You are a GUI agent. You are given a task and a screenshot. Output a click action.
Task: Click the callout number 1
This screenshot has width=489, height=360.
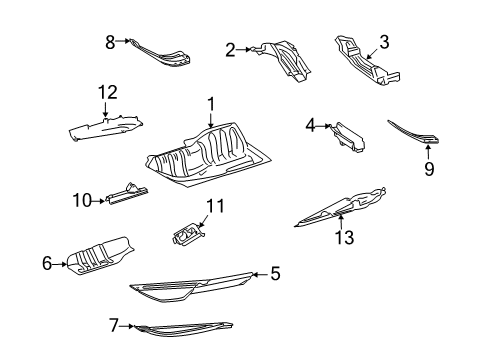click(x=211, y=104)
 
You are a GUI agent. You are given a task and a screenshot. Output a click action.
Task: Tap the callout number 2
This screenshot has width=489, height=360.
click(x=230, y=50)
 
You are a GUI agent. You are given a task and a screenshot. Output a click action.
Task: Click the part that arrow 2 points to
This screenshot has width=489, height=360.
click(x=283, y=61)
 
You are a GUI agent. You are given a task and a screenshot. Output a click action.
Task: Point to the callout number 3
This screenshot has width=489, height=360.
click(x=384, y=42)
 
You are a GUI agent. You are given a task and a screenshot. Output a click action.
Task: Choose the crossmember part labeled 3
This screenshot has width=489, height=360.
click(x=367, y=62)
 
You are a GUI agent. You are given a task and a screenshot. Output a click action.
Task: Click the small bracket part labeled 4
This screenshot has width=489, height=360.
click(x=347, y=138)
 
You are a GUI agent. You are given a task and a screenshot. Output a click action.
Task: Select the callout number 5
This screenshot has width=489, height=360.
click(x=275, y=274)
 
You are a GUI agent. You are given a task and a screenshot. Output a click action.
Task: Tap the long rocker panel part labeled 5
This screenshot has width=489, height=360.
click(x=193, y=287)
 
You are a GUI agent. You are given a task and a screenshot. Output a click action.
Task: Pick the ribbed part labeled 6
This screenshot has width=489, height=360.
click(x=100, y=257)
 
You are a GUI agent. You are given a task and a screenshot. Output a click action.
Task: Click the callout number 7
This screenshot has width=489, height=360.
click(x=114, y=325)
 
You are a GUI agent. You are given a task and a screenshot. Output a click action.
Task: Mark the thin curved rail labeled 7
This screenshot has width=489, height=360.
click(x=183, y=329)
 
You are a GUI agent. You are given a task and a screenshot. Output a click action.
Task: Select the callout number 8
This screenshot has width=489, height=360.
click(x=110, y=42)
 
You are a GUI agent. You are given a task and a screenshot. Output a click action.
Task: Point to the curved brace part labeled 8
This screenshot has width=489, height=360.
click(x=160, y=55)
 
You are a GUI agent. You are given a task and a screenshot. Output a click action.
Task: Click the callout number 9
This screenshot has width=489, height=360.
click(x=429, y=169)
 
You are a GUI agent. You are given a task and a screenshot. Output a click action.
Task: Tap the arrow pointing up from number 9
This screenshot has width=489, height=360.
click(x=428, y=151)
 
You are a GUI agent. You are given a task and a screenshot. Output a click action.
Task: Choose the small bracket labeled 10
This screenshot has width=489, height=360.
click(x=127, y=194)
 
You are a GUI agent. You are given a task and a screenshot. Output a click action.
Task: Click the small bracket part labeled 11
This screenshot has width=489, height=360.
click(x=187, y=234)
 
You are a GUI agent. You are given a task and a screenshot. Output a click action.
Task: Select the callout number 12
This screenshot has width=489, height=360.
click(x=108, y=92)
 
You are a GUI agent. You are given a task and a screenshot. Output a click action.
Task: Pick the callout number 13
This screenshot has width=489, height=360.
click(x=344, y=237)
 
